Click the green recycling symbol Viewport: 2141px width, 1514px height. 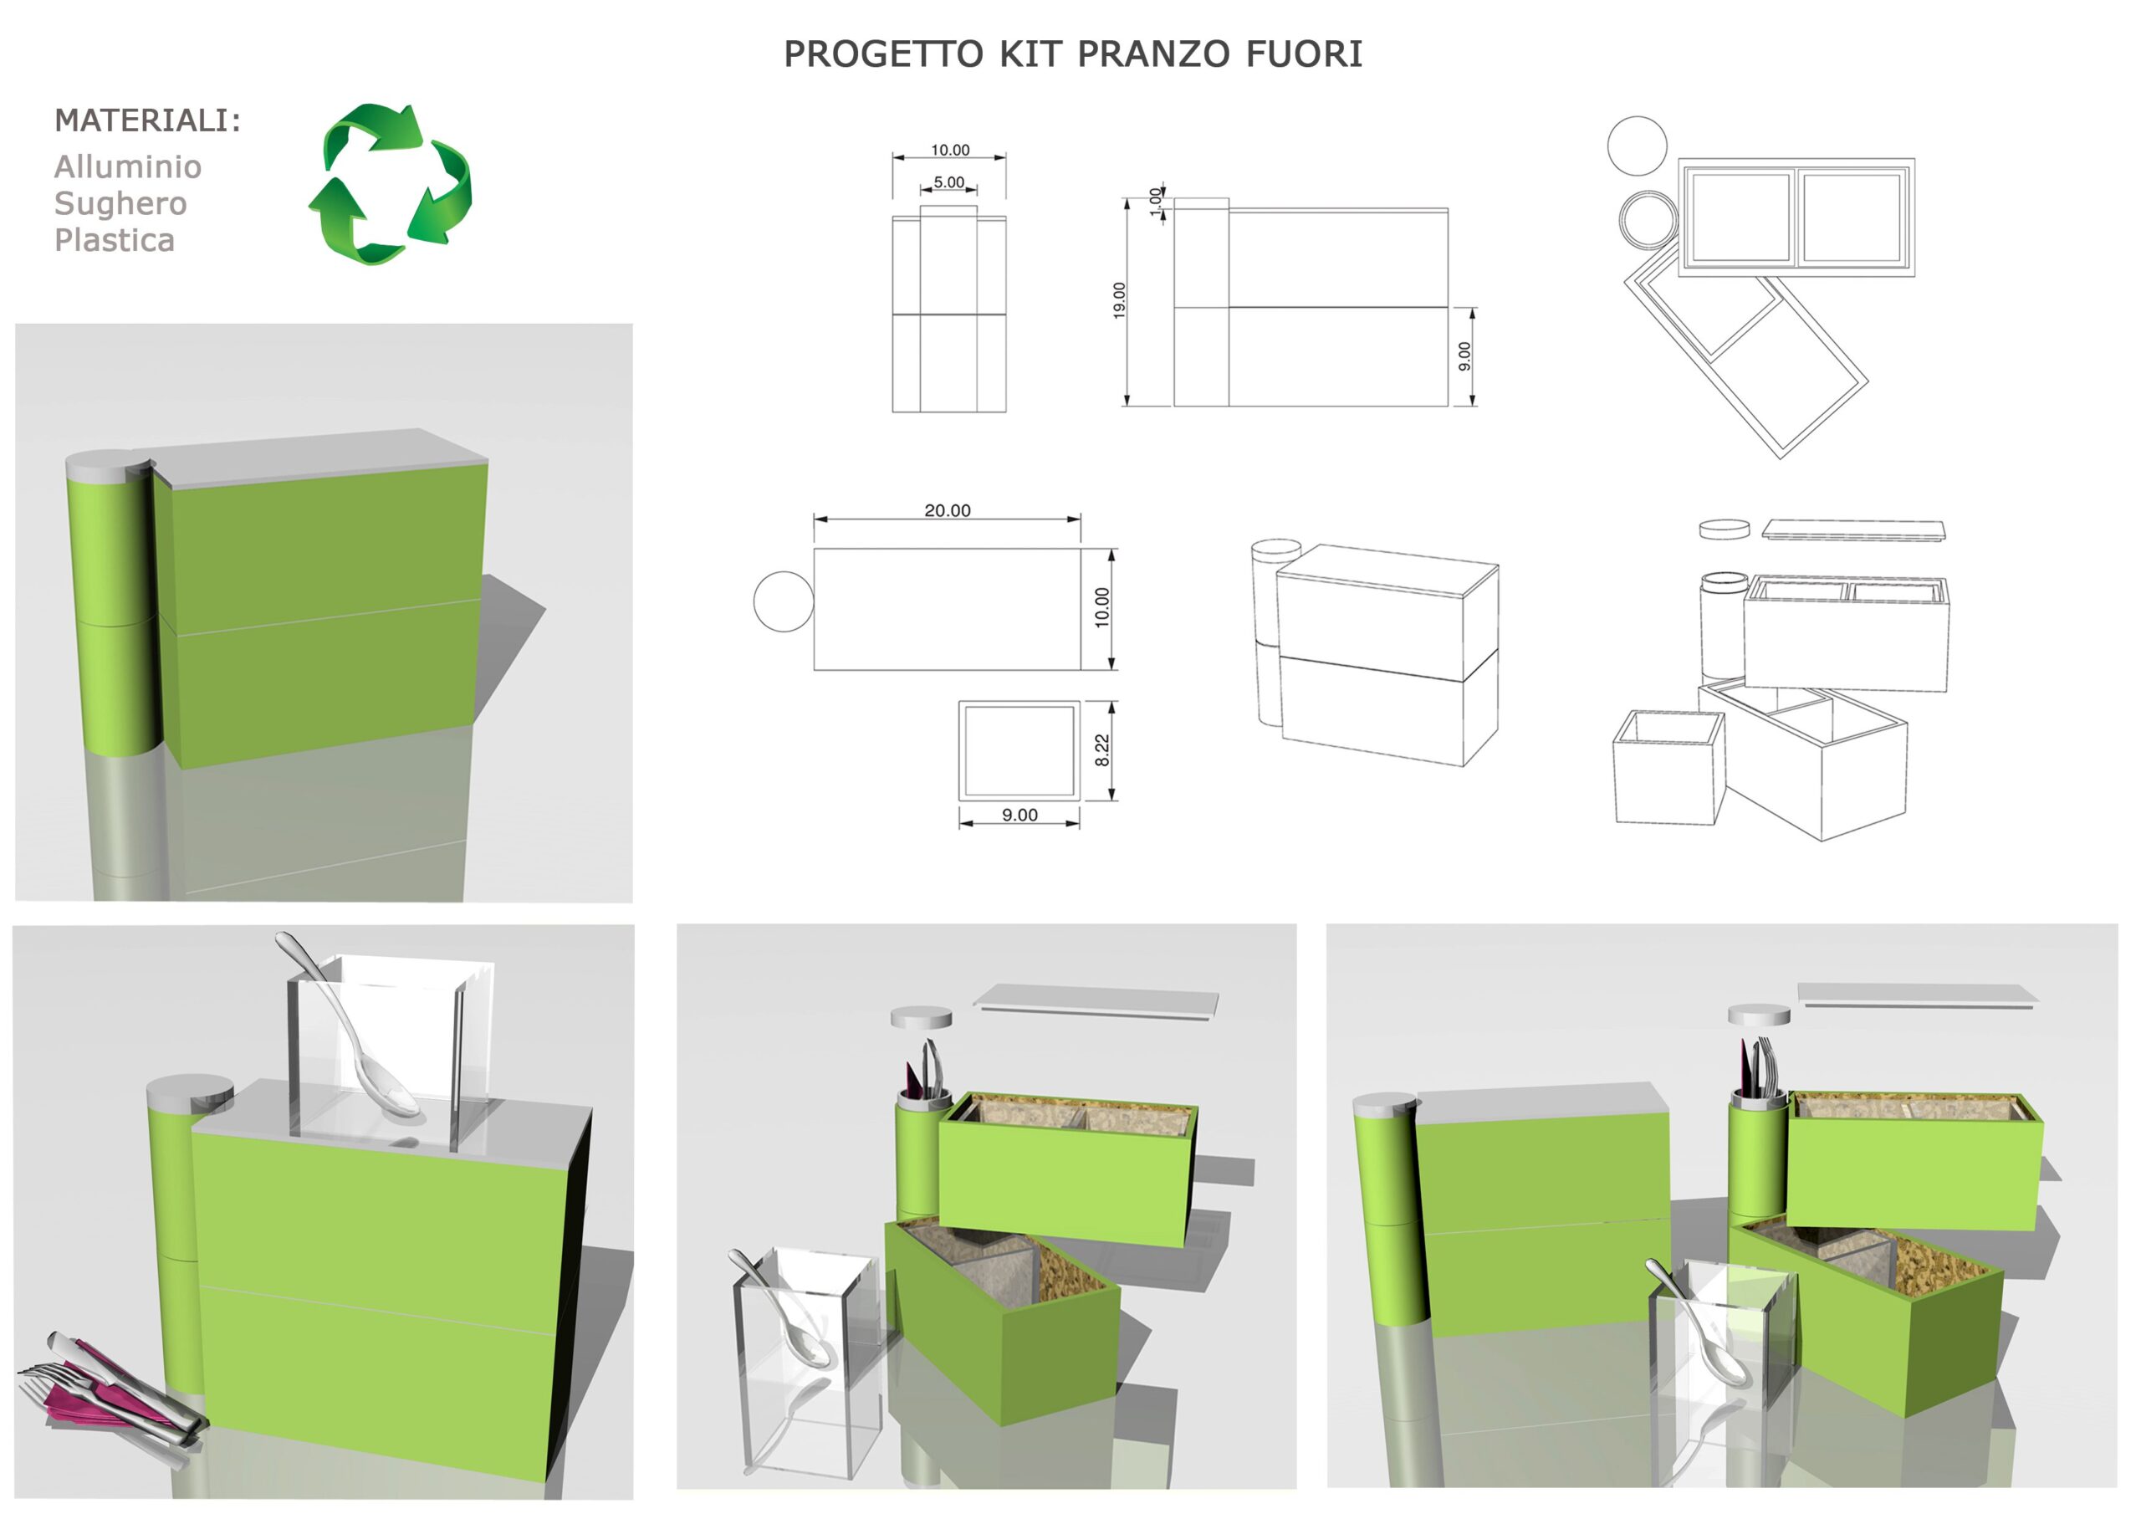[390, 184]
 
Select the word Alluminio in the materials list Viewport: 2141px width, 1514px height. [128, 167]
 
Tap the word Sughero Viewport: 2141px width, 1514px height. [120, 203]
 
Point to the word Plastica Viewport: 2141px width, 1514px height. [114, 241]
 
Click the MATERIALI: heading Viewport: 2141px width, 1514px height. [147, 120]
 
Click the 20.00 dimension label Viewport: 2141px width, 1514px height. [947, 510]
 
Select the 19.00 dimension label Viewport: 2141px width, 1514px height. [1119, 300]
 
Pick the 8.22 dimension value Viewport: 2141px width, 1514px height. [1102, 750]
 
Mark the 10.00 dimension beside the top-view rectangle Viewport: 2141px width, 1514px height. [1102, 607]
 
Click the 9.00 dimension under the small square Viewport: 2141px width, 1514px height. [1019, 815]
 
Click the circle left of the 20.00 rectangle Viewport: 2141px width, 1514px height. [782, 601]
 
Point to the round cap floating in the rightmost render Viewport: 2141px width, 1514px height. [1758, 1015]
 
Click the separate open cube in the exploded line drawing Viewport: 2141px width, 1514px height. [1668, 767]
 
